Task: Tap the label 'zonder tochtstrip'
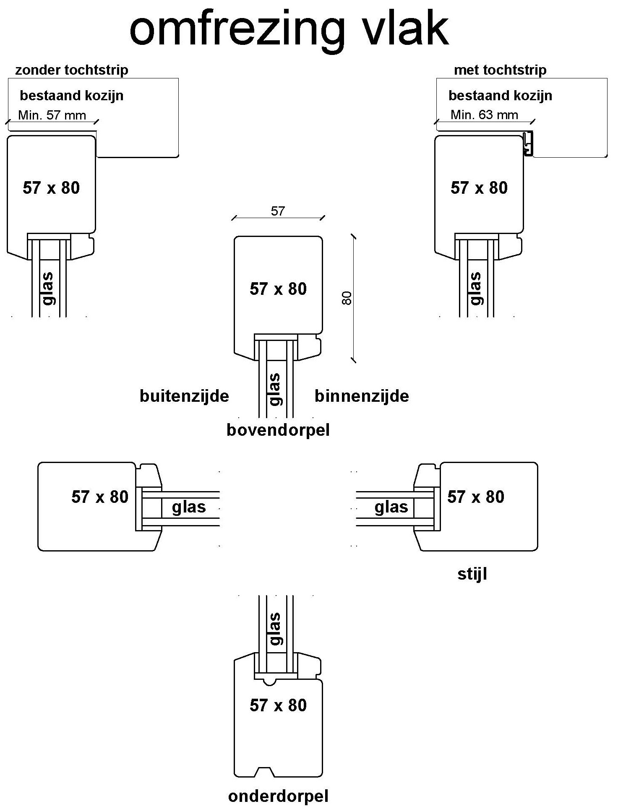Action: click(x=72, y=70)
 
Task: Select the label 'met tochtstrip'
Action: click(x=500, y=70)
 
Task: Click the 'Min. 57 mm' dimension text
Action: click(x=52, y=115)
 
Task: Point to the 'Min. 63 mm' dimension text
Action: click(x=484, y=114)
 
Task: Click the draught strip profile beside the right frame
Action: click(x=528, y=143)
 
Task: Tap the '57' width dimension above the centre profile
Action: click(x=278, y=211)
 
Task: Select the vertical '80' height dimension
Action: click(x=347, y=298)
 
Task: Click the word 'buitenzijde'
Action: click(x=184, y=396)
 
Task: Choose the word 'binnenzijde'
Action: click(x=362, y=396)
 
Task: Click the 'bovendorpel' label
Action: click(x=278, y=430)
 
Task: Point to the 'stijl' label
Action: click(x=472, y=574)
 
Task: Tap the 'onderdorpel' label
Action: click(x=278, y=796)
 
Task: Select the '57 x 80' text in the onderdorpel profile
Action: click(x=278, y=705)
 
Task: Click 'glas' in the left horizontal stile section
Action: click(x=189, y=507)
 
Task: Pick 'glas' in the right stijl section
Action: click(x=391, y=507)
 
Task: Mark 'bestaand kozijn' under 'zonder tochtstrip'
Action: click(x=72, y=96)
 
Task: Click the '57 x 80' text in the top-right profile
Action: click(x=479, y=188)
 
